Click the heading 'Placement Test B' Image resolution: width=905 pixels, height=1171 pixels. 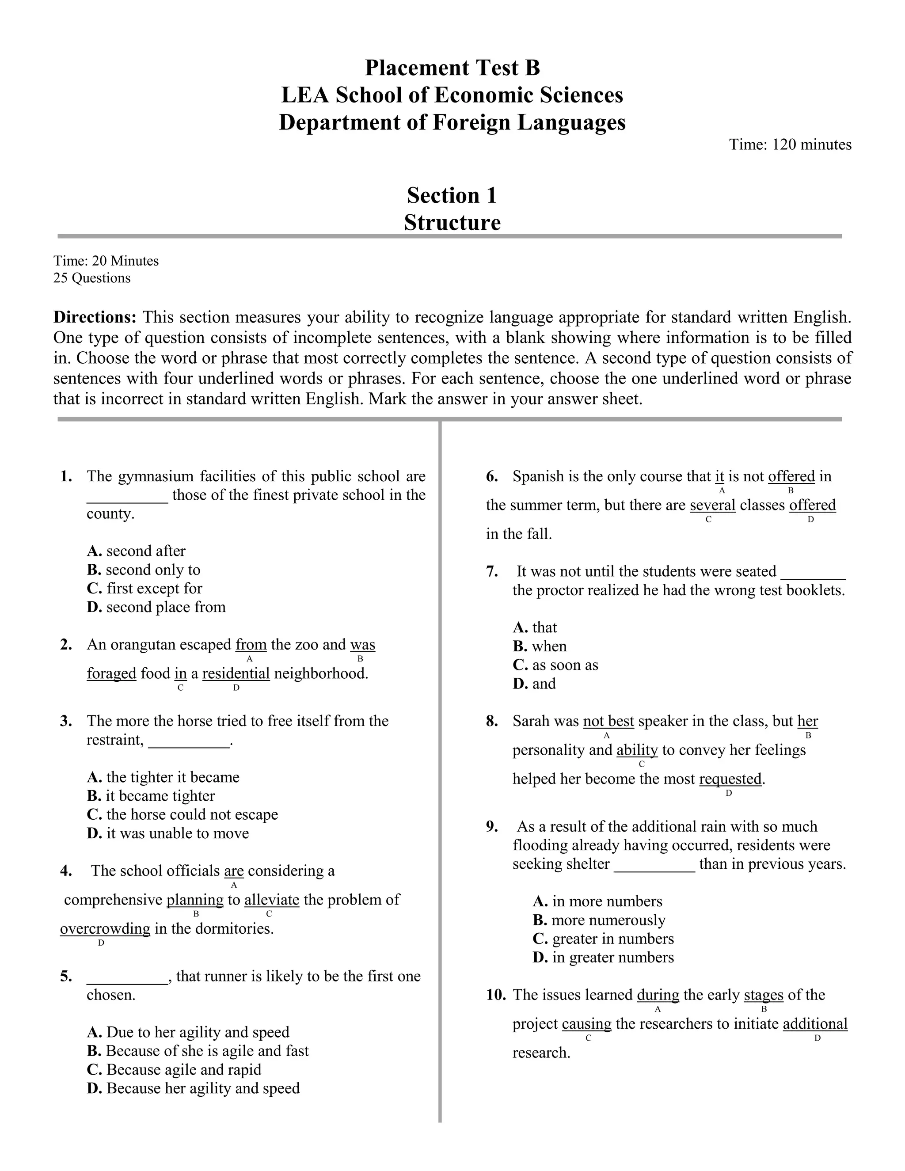click(x=452, y=68)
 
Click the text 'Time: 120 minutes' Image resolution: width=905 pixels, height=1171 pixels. click(x=790, y=145)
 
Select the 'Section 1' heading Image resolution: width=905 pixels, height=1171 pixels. click(x=452, y=196)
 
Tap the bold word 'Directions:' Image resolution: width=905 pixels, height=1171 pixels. click(x=95, y=317)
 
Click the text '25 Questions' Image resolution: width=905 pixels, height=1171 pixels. click(x=91, y=278)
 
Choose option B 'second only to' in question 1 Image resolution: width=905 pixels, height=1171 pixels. click(x=144, y=570)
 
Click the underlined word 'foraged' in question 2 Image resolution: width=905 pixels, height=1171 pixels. click(x=111, y=673)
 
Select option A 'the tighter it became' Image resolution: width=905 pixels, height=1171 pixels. click(x=163, y=777)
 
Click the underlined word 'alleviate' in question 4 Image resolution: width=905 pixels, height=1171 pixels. click(x=272, y=899)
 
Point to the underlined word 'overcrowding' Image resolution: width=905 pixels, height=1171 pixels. click(x=105, y=928)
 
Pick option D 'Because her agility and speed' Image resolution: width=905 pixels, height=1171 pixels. click(x=193, y=1088)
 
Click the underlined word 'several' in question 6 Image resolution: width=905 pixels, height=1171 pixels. click(x=712, y=505)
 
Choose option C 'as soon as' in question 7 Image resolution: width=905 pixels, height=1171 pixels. click(x=555, y=665)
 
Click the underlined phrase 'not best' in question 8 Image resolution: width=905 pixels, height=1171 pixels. click(x=608, y=721)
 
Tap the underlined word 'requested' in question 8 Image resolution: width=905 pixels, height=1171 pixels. click(x=730, y=779)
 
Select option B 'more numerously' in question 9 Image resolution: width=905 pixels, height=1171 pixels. click(x=599, y=920)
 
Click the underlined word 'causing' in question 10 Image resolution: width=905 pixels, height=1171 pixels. click(x=586, y=1023)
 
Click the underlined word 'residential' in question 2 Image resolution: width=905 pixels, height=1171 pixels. click(x=236, y=673)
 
